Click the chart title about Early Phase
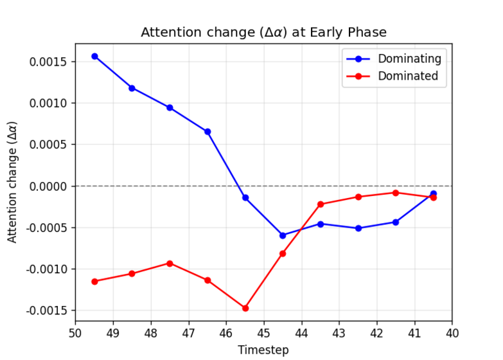tap(263, 32)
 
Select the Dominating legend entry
tap(409, 59)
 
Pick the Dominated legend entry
tap(407, 76)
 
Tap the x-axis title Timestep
tap(263, 350)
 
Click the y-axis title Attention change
tap(13, 182)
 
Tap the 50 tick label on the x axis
tap(75, 334)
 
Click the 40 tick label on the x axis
tap(452, 334)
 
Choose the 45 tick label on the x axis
tap(263, 334)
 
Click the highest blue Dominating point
tap(94, 56)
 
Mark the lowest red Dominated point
tap(245, 308)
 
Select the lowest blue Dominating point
tap(283, 235)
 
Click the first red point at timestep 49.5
tap(94, 282)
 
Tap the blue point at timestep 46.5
tap(207, 132)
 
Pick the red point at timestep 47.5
tap(170, 263)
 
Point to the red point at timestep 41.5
tap(396, 193)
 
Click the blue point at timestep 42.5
tap(358, 228)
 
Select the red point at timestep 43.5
tap(321, 204)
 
